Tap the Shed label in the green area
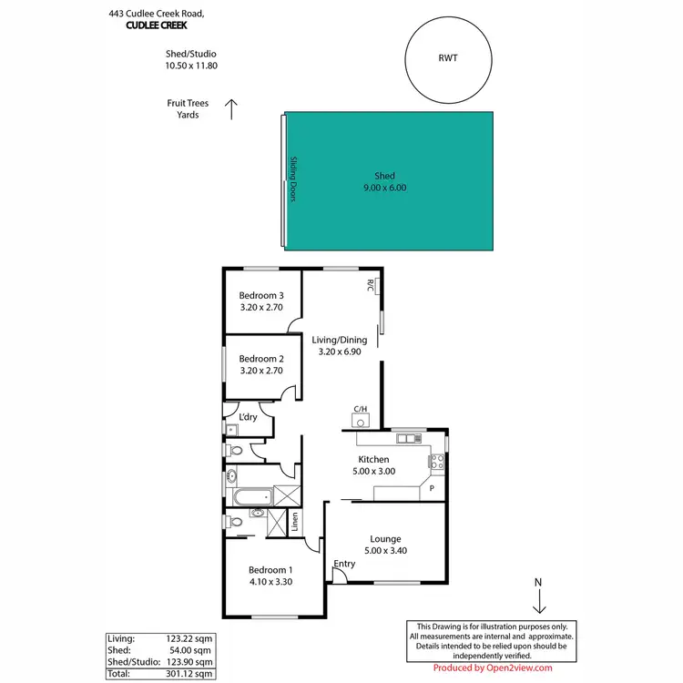coord(384,176)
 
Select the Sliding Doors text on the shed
coord(294,179)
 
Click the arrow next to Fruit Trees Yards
coord(231,109)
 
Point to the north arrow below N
coord(538,601)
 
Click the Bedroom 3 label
coord(261,295)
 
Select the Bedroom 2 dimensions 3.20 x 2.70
coord(261,371)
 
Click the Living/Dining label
coord(341,340)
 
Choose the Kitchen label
coord(373,459)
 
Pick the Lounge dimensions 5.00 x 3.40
coord(385,551)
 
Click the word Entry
coord(344,564)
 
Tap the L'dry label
coord(248,417)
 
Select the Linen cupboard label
coord(295,522)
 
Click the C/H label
coord(360,409)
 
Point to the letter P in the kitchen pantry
coord(432,489)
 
